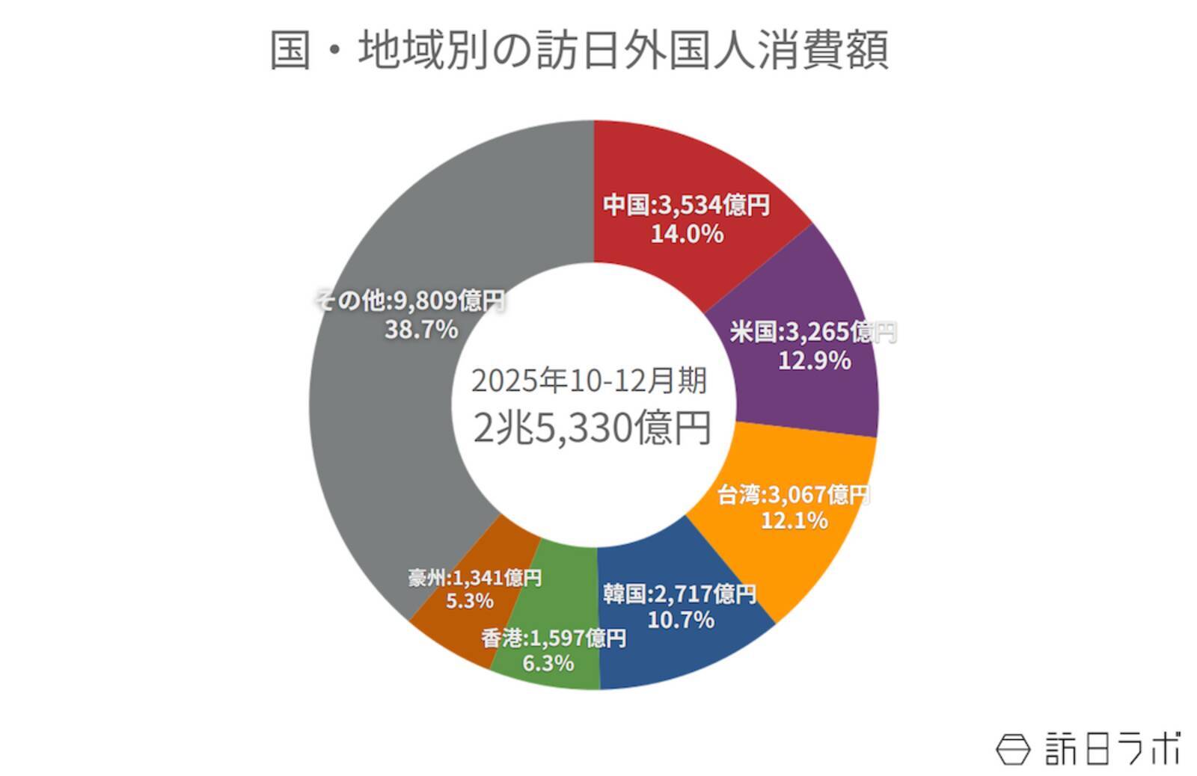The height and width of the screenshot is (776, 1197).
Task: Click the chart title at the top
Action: click(x=579, y=51)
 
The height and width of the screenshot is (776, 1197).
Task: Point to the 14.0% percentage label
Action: click(x=687, y=234)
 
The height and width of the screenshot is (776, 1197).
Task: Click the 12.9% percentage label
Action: click(x=814, y=361)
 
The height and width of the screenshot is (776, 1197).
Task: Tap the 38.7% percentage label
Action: click(x=420, y=329)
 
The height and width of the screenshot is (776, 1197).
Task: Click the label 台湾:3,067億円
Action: click(x=793, y=494)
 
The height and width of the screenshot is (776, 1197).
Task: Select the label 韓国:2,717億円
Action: click(x=679, y=594)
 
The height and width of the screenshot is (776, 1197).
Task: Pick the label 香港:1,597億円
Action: click(x=553, y=638)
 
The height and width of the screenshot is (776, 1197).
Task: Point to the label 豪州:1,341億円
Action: click(x=474, y=577)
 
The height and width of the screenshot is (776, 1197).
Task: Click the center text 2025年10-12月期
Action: click(x=589, y=381)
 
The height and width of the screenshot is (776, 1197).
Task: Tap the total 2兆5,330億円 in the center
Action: click(x=592, y=428)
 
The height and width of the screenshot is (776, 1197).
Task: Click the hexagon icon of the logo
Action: click(x=1013, y=748)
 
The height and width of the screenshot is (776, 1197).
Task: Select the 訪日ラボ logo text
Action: click(x=1112, y=748)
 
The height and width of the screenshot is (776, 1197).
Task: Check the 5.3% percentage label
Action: click(x=469, y=600)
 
